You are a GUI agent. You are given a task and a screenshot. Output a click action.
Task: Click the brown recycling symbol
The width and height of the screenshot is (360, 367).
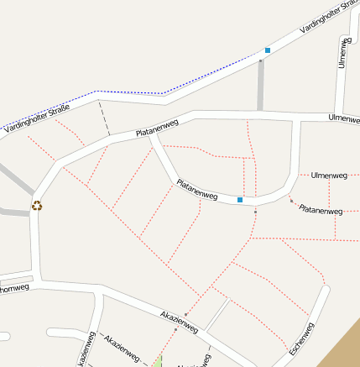(x=37, y=205)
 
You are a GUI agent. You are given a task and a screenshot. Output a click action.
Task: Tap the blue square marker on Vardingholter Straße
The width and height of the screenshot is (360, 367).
(x=268, y=50)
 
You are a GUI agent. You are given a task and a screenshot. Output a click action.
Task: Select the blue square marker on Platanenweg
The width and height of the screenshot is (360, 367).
(x=240, y=200)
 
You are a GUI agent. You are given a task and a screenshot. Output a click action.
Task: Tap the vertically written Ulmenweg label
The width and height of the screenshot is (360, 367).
(x=342, y=52)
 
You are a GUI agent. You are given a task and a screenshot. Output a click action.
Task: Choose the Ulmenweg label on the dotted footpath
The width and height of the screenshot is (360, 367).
(x=329, y=176)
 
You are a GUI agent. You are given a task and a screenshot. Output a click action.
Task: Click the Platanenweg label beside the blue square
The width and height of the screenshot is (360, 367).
(x=197, y=190)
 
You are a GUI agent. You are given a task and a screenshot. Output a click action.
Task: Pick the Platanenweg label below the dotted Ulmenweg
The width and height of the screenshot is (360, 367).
(x=321, y=209)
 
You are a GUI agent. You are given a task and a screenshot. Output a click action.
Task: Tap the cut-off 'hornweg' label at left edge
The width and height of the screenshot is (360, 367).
(x=14, y=288)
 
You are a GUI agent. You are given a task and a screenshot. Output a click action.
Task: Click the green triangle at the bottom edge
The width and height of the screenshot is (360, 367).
(x=158, y=362)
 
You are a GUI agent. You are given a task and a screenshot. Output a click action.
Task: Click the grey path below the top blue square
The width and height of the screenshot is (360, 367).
(x=261, y=84)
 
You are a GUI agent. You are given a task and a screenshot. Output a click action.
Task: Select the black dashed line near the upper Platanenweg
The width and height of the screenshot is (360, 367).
(x=105, y=118)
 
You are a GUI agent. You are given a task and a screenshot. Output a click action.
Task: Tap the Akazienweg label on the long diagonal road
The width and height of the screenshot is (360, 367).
(x=179, y=321)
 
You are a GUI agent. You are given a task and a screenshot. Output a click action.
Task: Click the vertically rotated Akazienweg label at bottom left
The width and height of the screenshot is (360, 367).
(x=87, y=352)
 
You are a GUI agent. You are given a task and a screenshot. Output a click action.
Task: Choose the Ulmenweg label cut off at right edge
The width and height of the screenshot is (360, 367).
(x=344, y=118)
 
